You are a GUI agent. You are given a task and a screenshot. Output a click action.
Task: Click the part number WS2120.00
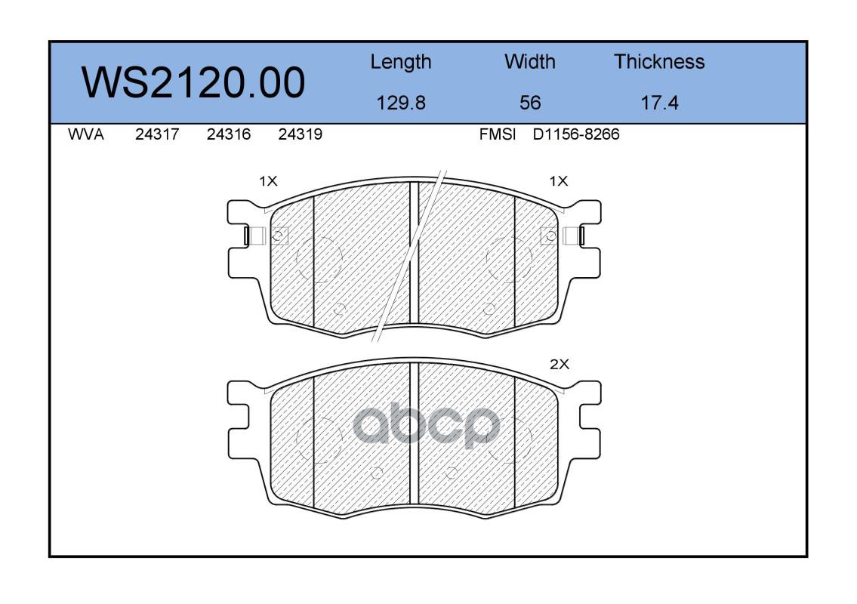193,82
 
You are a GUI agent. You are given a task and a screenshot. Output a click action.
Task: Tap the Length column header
401,63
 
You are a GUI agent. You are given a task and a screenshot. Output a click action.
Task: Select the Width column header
529,61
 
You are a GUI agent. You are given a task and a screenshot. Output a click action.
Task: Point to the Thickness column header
659,61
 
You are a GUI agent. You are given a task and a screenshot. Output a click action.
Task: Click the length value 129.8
401,103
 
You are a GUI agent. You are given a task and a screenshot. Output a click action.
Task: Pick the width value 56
530,103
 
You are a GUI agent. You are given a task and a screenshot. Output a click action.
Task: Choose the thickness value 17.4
659,103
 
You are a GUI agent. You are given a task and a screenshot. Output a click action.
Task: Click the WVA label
86,134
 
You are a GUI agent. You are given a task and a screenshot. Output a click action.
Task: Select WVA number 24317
157,134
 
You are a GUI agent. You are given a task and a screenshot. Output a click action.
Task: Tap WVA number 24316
229,134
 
